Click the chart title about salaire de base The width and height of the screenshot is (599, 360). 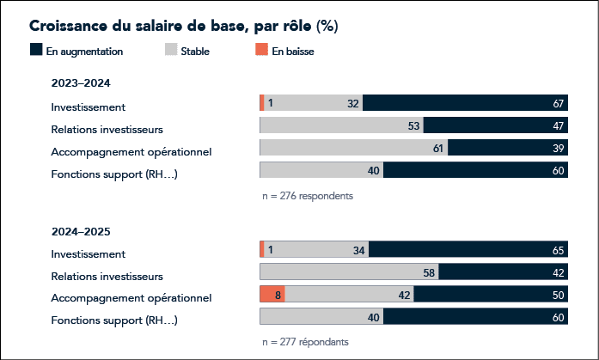click(x=183, y=26)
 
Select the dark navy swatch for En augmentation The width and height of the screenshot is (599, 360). click(x=36, y=51)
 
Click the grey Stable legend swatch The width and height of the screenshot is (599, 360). click(x=170, y=51)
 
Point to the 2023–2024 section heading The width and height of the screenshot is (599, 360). click(x=81, y=83)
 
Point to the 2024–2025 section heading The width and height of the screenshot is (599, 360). click(x=81, y=231)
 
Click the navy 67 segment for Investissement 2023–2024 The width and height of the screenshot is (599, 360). click(x=465, y=104)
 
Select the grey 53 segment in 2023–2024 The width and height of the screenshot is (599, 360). click(x=341, y=126)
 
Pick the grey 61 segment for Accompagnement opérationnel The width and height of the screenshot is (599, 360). click(x=353, y=149)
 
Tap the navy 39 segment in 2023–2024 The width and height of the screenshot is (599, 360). click(x=508, y=149)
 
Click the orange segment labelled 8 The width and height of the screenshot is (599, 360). click(x=272, y=295)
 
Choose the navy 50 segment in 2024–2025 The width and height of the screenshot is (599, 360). click(x=491, y=295)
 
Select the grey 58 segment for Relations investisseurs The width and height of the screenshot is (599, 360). click(x=349, y=272)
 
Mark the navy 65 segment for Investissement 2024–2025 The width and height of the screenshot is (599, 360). click(x=468, y=250)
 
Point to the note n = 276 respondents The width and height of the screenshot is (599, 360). click(x=307, y=195)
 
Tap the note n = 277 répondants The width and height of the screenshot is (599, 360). click(x=305, y=341)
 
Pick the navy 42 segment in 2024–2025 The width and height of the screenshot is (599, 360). click(x=504, y=272)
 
